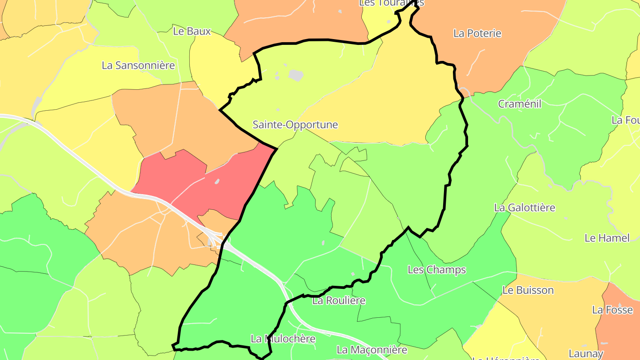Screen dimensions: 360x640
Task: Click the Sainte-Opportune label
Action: (295, 125)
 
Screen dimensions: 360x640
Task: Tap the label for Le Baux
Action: (192, 31)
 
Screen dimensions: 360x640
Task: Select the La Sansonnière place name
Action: (138, 65)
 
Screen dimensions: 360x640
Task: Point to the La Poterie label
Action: (477, 33)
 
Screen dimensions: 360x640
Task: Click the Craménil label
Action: (520, 104)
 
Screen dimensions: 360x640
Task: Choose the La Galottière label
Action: (524, 208)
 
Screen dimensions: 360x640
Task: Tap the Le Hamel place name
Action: (607, 238)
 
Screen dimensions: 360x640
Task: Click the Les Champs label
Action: (430, 270)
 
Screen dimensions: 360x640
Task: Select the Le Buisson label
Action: (528, 290)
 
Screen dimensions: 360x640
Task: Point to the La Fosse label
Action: (612, 310)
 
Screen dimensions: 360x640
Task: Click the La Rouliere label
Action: (339, 300)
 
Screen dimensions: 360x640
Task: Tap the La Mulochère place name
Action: (283, 339)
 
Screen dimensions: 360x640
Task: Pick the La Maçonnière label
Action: (372, 350)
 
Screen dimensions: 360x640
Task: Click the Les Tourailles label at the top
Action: (391, 3)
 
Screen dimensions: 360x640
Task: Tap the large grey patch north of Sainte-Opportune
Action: (296, 75)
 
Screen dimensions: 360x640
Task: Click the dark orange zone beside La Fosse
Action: (622, 329)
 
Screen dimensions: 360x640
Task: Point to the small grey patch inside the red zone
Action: (217, 181)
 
